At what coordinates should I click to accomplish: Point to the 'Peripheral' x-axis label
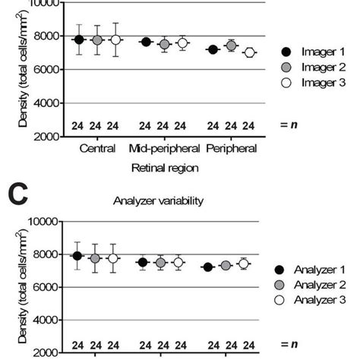(231, 149)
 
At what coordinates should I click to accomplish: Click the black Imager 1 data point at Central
(79, 39)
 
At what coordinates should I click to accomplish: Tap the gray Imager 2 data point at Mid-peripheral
(164, 45)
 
